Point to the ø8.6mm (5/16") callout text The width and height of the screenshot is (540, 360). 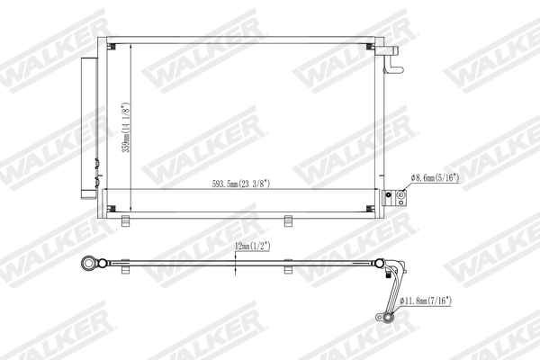click(435, 178)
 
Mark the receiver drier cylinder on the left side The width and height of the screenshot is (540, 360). click(90, 126)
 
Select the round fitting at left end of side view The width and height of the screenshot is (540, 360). click(89, 265)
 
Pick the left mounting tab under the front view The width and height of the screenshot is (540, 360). click(126, 221)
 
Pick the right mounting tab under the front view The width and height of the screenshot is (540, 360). click(289, 221)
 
